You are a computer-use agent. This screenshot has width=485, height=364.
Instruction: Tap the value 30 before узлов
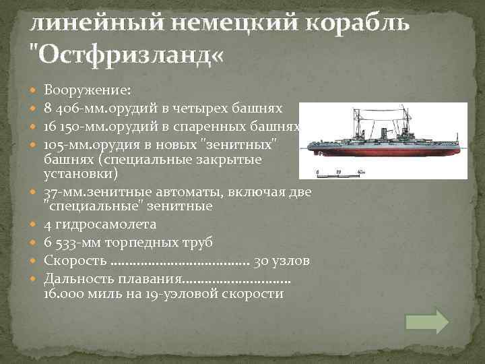click(x=261, y=260)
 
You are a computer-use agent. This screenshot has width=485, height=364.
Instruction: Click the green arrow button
click(x=428, y=322)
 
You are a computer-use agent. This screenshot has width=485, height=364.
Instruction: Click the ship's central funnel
click(x=383, y=135)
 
